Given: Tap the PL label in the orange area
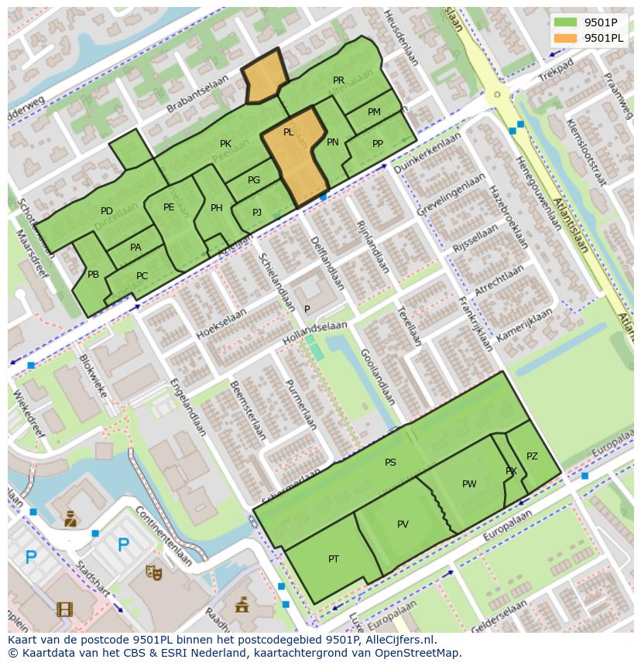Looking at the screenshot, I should (x=288, y=132).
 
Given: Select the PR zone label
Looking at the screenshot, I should (x=338, y=80).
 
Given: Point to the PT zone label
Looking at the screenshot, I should (x=334, y=559).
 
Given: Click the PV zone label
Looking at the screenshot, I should (x=403, y=524).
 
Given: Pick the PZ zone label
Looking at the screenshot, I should (x=532, y=456).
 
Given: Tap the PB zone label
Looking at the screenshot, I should (x=93, y=275).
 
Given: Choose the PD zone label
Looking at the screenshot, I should (x=107, y=211).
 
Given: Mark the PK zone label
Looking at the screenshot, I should (x=225, y=144).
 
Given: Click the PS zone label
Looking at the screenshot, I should (x=390, y=463).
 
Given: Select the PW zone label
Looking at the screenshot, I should (x=469, y=484).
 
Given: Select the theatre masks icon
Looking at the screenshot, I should (x=154, y=572).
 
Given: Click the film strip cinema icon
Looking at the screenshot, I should (x=64, y=609).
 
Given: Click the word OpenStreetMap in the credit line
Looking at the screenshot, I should (x=417, y=654).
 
